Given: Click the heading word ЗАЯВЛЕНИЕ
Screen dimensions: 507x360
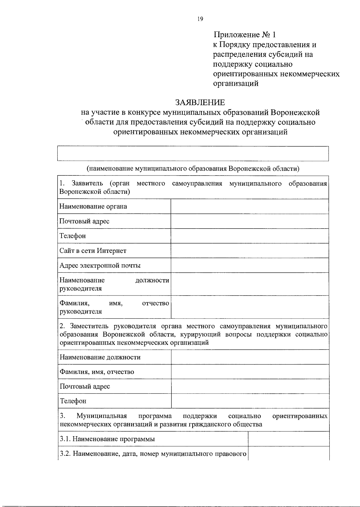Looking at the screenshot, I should pyautogui.click(x=200, y=103).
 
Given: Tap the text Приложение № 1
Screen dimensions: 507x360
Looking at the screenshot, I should pyautogui.click(x=244, y=35).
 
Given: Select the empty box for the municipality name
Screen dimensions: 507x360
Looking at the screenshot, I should pyautogui.click(x=193, y=154).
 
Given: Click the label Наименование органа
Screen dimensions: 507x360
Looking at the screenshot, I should pyautogui.click(x=93, y=206).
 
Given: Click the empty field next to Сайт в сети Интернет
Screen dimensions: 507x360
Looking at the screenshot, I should pyautogui.click(x=250, y=250).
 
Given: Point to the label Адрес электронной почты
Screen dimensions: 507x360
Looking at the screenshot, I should pyautogui.click(x=100, y=265).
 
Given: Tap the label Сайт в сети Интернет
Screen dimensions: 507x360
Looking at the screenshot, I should pyautogui.click(x=93, y=251).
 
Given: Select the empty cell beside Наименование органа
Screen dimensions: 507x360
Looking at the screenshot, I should pyautogui.click(x=250, y=206).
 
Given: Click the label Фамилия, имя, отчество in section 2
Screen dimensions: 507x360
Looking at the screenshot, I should pyautogui.click(x=97, y=372).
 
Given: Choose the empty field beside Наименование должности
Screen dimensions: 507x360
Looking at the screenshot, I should pyautogui.click(x=250, y=357).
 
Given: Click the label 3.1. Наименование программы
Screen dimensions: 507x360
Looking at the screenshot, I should pyautogui.click(x=107, y=439).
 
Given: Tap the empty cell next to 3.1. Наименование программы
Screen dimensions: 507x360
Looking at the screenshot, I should pyautogui.click(x=288, y=439).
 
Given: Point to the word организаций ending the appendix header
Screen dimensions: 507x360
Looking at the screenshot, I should pyautogui.click(x=235, y=84).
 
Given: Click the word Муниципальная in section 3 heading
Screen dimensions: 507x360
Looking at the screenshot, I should pyautogui.click(x=102, y=416).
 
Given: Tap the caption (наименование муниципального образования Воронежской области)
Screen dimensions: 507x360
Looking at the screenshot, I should pyautogui.click(x=193, y=168).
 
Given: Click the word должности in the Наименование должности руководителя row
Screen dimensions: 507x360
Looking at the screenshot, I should pyautogui.click(x=152, y=280).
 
